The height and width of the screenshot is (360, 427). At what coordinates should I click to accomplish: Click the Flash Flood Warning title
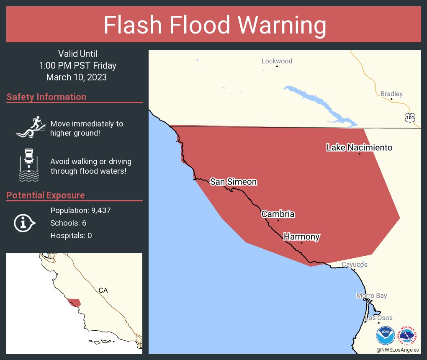[x=215, y=25]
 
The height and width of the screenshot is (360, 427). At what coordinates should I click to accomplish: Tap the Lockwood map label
[x=277, y=61]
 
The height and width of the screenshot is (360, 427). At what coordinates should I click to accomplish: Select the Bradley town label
[x=391, y=94]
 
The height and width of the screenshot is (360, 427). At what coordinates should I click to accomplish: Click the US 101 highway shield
[x=410, y=118]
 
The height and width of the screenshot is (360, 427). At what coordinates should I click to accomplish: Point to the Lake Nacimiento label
[x=359, y=147]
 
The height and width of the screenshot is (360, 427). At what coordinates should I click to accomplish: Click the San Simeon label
[x=233, y=182]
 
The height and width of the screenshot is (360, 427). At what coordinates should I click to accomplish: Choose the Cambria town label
[x=278, y=214]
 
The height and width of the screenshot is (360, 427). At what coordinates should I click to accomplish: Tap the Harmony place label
[x=301, y=237]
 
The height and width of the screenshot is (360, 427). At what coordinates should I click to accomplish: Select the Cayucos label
[x=354, y=265]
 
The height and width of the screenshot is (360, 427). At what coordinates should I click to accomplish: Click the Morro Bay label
[x=371, y=296]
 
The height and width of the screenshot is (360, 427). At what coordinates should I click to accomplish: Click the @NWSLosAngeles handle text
[x=397, y=350]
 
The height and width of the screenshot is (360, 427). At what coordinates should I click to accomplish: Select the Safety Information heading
[x=46, y=97]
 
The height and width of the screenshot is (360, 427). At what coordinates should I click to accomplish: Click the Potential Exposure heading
[x=46, y=195]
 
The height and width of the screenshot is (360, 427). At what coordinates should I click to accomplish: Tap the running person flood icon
[x=29, y=127]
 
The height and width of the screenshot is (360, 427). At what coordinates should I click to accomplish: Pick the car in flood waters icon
[x=29, y=165]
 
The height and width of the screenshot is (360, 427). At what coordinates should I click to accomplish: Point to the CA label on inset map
[x=103, y=290]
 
